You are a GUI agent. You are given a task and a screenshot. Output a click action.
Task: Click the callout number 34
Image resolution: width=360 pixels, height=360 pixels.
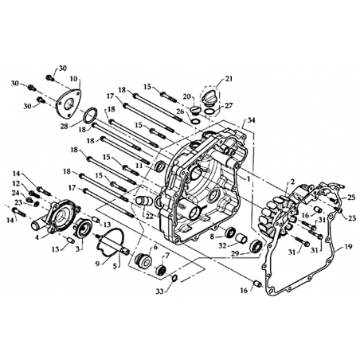pos(251,120)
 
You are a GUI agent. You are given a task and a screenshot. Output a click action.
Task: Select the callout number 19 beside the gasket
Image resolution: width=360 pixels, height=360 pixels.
pos(349,247)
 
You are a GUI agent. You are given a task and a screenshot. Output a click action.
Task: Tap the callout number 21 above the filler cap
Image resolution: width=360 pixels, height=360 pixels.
pos(229,79)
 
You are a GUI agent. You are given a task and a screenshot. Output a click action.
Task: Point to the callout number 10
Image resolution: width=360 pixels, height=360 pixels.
pos(73,79)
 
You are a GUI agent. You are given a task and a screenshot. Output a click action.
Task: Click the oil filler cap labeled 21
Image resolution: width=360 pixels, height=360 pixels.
pos(209,98)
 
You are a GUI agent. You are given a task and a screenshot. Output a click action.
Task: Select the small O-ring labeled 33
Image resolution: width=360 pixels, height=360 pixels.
pos(174,278)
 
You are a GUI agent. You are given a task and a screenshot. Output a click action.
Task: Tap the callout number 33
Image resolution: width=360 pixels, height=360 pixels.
pos(159,292)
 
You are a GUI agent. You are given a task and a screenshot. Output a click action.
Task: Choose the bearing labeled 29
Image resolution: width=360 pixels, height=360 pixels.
pos(257,245)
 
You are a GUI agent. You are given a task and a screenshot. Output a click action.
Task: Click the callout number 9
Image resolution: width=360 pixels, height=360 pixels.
pos(97,264)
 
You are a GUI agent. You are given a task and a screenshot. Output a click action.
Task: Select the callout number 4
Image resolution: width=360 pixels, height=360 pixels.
pos(37,237)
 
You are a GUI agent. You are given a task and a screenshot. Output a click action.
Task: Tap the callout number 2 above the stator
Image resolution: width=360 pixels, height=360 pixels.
pos(292,182)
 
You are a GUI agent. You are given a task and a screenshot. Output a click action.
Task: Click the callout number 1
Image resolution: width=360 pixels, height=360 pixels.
pos(248,179)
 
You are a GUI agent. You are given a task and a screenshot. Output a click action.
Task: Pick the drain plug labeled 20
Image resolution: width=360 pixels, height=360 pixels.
pos(195,110)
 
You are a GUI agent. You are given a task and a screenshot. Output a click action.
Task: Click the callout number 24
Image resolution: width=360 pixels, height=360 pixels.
pos(16,192)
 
